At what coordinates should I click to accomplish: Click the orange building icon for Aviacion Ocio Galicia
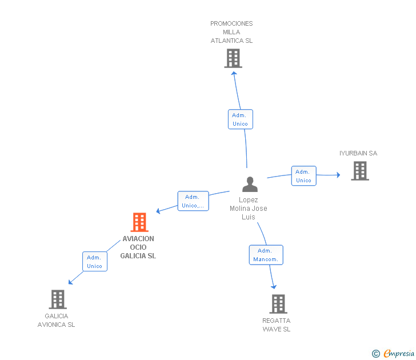139,222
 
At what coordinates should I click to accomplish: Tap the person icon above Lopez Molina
250,185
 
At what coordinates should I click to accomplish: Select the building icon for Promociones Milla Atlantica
233,58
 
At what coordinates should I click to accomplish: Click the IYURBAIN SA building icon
360,171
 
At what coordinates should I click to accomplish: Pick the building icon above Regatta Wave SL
278,304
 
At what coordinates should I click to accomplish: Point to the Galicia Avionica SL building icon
58,299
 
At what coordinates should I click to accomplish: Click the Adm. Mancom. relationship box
266,255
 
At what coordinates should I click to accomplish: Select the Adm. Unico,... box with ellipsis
193,201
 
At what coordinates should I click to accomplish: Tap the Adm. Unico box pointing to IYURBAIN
304,176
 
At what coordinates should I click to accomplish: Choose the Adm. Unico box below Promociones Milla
241,119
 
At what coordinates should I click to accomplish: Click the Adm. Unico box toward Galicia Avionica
95,262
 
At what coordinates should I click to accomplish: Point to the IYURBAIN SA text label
358,153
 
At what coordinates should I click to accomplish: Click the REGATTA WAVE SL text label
277,325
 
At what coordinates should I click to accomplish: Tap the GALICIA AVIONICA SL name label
56,320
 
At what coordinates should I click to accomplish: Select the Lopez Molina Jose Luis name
249,208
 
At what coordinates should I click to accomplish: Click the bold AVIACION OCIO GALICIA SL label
138,247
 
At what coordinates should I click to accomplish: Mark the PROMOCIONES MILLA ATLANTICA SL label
231,32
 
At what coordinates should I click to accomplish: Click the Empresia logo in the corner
393,353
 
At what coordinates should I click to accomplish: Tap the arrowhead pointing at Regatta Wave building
274,287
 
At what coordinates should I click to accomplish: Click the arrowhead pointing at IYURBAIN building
338,175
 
